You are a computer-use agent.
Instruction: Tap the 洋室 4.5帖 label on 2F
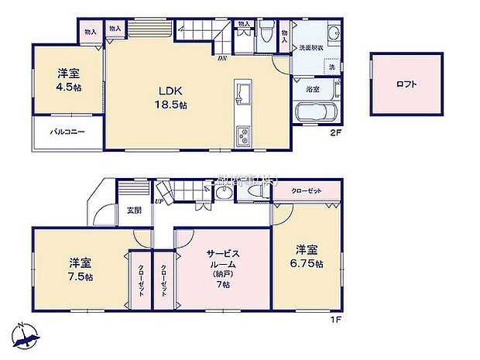[69, 80]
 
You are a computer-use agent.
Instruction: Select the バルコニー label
[67, 132]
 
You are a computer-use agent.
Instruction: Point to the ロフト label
[404, 84]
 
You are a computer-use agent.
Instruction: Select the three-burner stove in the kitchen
[244, 138]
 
